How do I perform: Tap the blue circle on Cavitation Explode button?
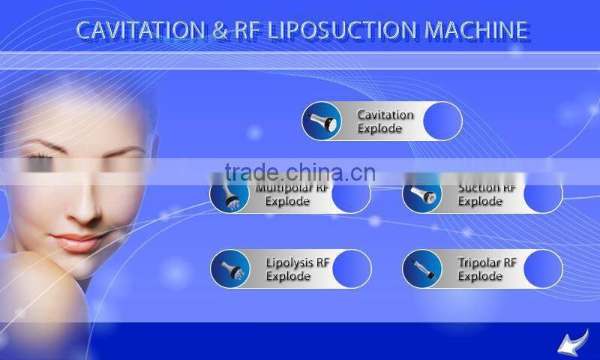[x=442, y=121]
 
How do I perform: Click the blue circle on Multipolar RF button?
[x=351, y=195]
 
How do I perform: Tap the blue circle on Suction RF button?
[x=543, y=195]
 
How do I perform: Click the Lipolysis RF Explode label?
[x=298, y=269]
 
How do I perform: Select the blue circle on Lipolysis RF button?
[x=352, y=269]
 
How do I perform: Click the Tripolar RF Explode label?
[x=487, y=269]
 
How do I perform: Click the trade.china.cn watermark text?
[x=300, y=172]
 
